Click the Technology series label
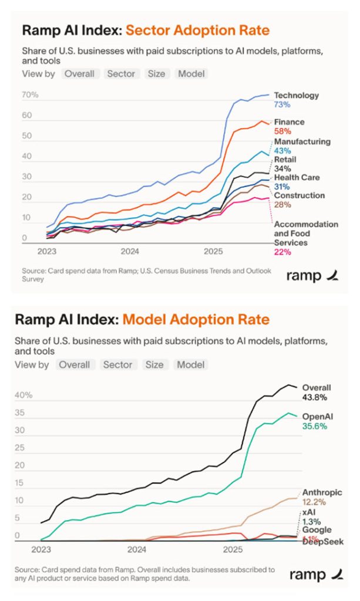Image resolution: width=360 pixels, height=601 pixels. (296, 95)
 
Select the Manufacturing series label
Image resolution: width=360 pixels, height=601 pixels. (302, 141)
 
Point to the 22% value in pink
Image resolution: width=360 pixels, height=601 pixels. (282, 252)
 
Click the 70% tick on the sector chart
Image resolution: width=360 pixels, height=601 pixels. (31, 95)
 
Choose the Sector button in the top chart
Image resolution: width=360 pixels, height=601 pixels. (120, 73)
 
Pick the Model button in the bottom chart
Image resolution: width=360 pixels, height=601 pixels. (191, 364)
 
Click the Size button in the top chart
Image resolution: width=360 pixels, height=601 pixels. (157, 73)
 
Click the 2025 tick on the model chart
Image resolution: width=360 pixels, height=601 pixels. (233, 551)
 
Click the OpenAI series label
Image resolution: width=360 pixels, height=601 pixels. (318, 416)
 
